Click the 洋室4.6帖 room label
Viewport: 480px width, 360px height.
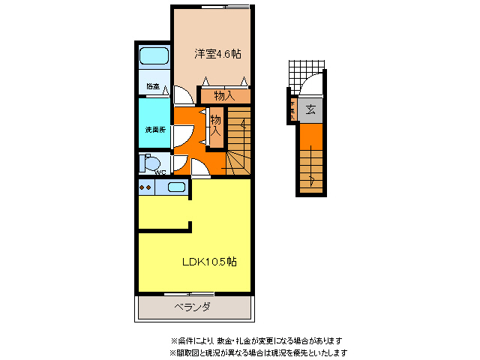[217, 54]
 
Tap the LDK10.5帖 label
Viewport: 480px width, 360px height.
[210, 262]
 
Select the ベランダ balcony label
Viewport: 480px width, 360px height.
[193, 307]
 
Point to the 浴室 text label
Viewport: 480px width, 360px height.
[153, 87]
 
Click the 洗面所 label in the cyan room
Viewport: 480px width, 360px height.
[155, 130]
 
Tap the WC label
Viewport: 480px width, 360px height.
[160, 172]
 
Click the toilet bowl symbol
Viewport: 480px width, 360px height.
[151, 163]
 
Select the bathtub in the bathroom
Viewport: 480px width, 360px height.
[155, 55]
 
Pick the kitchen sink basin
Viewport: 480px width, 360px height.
[176, 187]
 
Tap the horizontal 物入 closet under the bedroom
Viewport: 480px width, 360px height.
[224, 96]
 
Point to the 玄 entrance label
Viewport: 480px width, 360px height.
[310, 109]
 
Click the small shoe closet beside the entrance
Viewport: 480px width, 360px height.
[291, 110]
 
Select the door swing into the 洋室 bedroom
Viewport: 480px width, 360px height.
[181, 95]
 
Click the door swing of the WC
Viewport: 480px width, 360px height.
[180, 163]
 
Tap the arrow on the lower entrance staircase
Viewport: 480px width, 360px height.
[312, 178]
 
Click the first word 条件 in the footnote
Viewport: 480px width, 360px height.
[183, 340]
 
